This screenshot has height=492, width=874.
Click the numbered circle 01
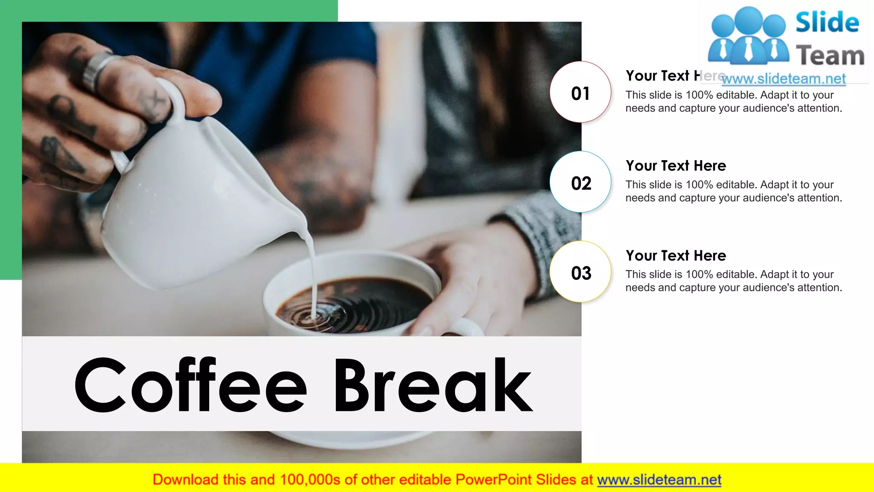point(580,92)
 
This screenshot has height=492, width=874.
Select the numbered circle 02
point(580,182)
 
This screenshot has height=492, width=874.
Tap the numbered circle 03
point(580,272)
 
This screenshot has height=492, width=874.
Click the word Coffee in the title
point(190,386)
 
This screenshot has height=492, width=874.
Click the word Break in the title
point(432,386)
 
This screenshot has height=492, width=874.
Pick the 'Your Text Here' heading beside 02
point(676,166)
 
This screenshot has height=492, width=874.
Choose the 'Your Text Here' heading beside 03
point(676,255)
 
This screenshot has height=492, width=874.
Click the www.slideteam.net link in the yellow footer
point(659,480)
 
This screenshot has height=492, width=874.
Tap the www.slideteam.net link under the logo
point(784,79)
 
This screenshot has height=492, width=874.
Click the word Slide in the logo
point(827,22)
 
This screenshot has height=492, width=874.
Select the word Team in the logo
point(830,56)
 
